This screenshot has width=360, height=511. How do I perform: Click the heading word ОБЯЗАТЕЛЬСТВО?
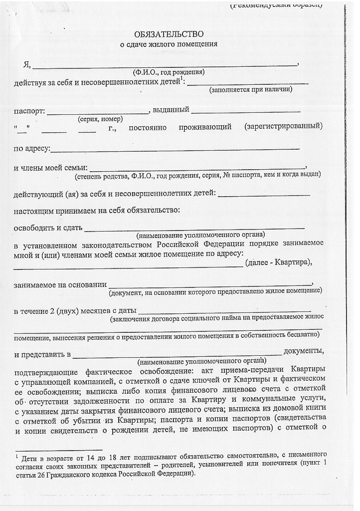tap(169, 34)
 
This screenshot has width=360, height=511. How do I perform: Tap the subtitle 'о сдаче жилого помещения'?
tap(169, 44)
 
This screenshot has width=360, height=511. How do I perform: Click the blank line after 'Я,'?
tap(165, 65)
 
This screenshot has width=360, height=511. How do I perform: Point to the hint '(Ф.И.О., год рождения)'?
tap(169, 72)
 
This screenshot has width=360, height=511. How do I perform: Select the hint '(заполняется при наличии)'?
tap(251, 90)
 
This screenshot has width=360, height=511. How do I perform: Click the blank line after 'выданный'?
tap(245, 111)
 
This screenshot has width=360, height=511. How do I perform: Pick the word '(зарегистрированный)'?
tap(283, 126)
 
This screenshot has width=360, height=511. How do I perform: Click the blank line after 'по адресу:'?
tap(175, 149)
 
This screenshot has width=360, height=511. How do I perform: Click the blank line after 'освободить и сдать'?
tap(194, 229)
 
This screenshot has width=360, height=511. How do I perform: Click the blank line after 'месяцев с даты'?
tap(225, 312)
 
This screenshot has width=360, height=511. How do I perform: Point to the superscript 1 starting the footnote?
tap(16, 456)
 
